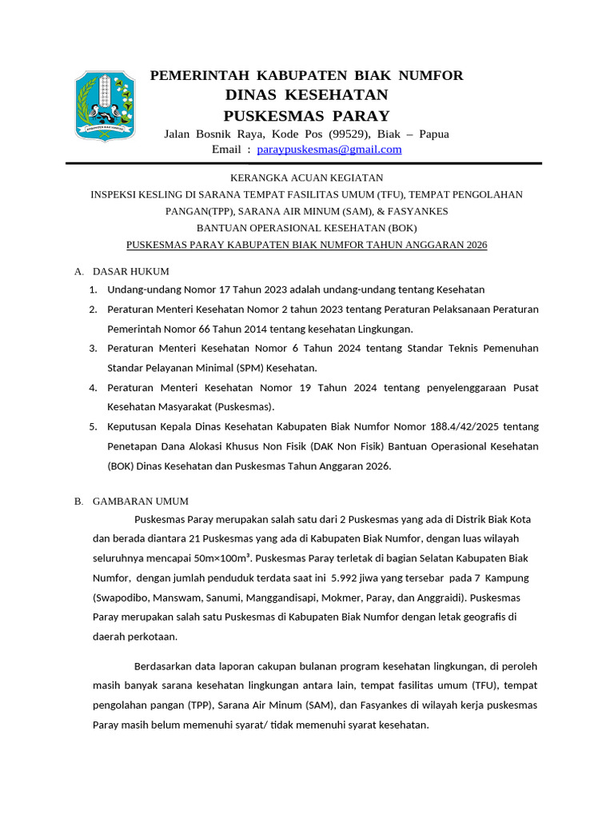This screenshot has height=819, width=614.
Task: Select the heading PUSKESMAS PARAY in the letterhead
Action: [306, 115]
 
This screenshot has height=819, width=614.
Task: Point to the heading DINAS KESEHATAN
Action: [306, 95]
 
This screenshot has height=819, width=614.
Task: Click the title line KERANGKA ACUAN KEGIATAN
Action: [306, 178]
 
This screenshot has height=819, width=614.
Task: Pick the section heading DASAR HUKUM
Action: [130, 272]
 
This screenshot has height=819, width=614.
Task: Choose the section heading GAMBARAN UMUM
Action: [140, 501]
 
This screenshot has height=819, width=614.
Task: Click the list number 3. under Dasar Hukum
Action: [93, 348]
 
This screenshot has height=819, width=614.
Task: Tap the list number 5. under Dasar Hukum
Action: [93, 427]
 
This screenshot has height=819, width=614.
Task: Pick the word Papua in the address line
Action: [434, 134]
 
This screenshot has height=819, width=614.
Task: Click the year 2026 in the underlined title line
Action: [472, 245]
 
